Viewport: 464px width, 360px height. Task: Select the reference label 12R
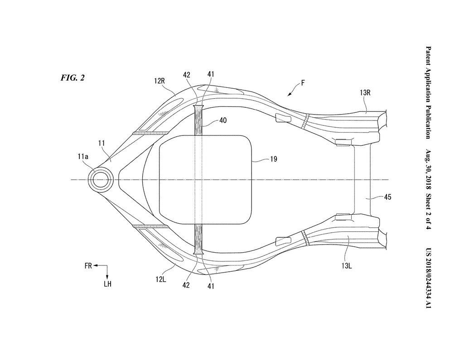[160, 81]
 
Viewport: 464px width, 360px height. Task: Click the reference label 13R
[366, 93]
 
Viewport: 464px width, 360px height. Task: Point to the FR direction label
[88, 267]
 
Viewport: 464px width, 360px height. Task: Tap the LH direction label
[107, 284]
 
